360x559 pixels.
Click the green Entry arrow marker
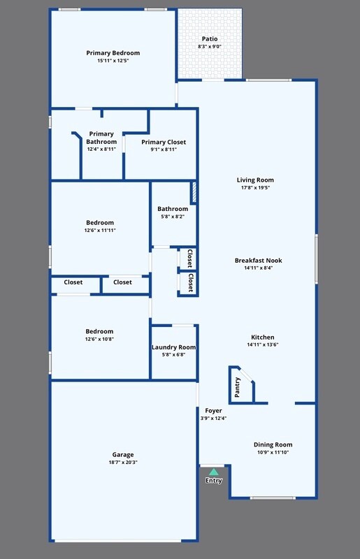pyautogui.click(x=214, y=472)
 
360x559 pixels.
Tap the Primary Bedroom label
pyautogui.click(x=113, y=53)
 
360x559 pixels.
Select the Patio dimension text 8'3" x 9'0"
pyautogui.click(x=210, y=47)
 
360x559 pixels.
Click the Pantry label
pyautogui.click(x=238, y=388)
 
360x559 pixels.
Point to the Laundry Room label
pyautogui.click(x=173, y=347)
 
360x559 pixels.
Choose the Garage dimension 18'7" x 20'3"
pyautogui.click(x=123, y=463)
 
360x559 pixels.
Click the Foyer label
pyautogui.click(x=213, y=411)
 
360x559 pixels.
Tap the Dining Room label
pyautogui.click(x=273, y=444)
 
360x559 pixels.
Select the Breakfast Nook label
pyautogui.click(x=258, y=260)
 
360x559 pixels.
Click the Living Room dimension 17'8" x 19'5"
pyautogui.click(x=255, y=187)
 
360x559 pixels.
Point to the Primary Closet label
pyautogui.click(x=164, y=142)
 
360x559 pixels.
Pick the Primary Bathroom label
pyautogui.click(x=101, y=138)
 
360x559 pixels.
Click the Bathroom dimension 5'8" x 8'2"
pyautogui.click(x=173, y=217)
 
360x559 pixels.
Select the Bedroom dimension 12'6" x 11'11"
pyautogui.click(x=100, y=231)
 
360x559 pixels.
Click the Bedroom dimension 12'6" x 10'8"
pyautogui.click(x=99, y=339)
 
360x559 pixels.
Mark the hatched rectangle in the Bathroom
pyautogui.click(x=194, y=193)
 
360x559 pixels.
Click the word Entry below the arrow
pyautogui.click(x=214, y=481)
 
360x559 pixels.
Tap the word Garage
pyautogui.click(x=123, y=455)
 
